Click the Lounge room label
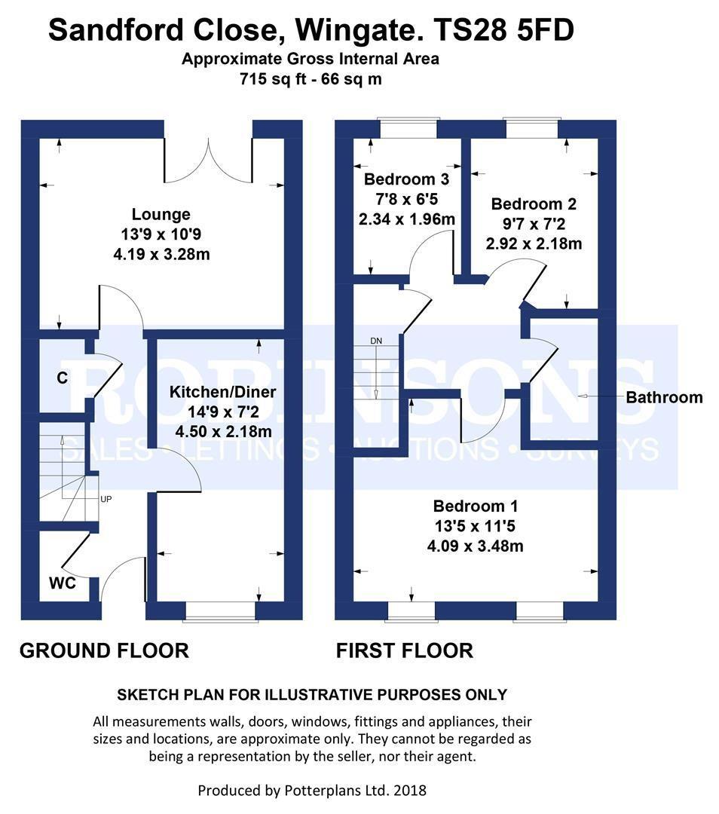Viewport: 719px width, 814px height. (x=161, y=214)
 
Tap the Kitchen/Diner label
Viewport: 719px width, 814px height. (x=222, y=392)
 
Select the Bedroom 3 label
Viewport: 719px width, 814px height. (x=406, y=179)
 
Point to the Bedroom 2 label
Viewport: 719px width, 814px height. (x=534, y=204)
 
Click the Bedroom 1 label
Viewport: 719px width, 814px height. (x=476, y=506)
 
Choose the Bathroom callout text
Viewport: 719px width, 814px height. (x=664, y=398)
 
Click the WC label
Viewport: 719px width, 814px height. (x=63, y=583)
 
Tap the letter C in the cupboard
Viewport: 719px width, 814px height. (x=63, y=378)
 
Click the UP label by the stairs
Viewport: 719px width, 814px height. (x=106, y=500)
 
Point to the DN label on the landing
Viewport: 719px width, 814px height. (x=376, y=341)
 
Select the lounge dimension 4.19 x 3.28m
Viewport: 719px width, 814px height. (x=161, y=255)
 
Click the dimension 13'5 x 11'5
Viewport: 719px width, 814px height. (x=475, y=526)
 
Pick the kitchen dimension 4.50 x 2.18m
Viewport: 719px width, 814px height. (x=223, y=431)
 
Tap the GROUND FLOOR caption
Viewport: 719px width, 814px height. (x=104, y=650)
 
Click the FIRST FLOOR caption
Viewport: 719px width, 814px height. (x=405, y=650)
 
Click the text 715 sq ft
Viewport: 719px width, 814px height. (x=272, y=79)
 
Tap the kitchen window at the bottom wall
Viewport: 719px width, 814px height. (x=221, y=611)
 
